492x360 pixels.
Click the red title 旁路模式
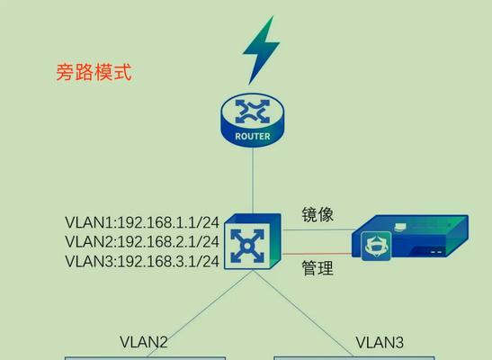pos(94,73)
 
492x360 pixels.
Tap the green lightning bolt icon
pos(261,50)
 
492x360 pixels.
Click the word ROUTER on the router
pos(253,137)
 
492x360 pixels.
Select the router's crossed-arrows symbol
pos(253,112)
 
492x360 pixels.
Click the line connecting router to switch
pos(253,180)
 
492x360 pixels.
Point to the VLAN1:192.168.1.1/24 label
pos(142,222)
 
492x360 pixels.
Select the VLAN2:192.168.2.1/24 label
pos(142,242)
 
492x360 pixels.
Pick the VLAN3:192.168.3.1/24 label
pos(142,261)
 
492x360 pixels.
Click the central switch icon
pos(252,241)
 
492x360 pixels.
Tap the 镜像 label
pos(318,215)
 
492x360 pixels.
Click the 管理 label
pos(318,268)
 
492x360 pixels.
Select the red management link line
pos(317,254)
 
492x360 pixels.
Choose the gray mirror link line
pos(318,229)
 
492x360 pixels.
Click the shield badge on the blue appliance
pos(376,246)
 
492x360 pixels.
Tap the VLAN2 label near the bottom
pos(144,342)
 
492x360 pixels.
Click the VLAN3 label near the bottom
pos(380,342)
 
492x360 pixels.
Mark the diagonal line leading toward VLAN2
pos(200,314)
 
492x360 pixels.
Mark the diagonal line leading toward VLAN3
pos(303,314)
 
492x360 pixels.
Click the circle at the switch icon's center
pos(247,246)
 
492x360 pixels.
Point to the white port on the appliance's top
pos(400,226)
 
